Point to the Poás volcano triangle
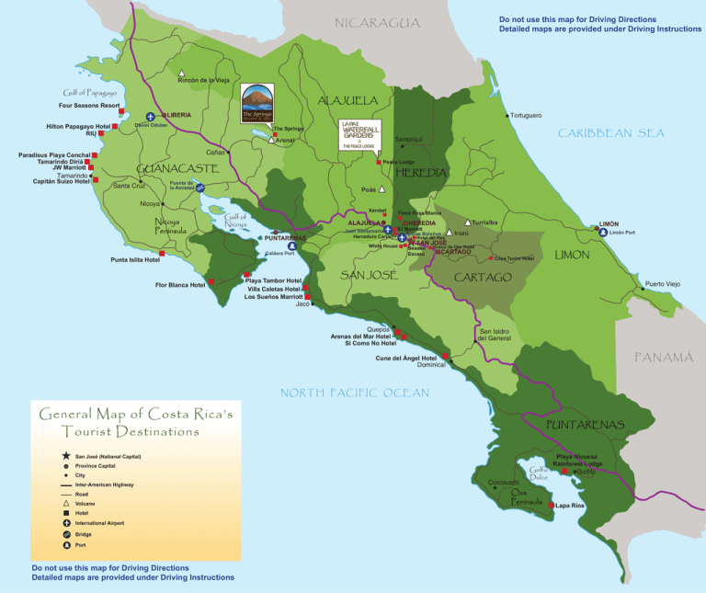point(382,189)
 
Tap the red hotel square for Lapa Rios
point(551,506)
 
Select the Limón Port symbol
point(603,233)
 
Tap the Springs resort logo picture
point(257,104)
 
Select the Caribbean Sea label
point(610,133)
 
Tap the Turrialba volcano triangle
point(468,222)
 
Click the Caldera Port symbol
point(291,245)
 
